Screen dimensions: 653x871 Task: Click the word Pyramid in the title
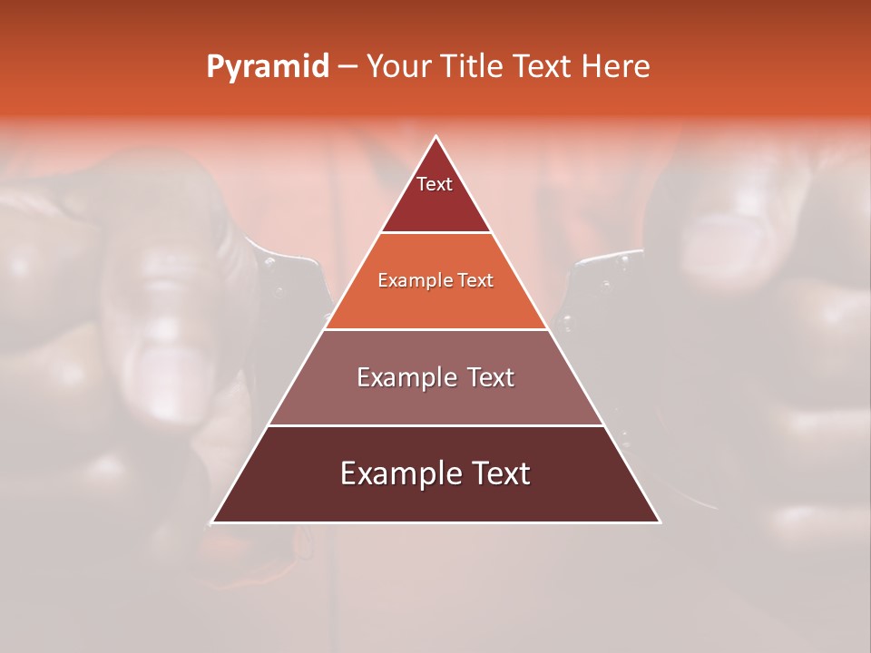268,67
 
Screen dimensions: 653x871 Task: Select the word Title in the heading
474,67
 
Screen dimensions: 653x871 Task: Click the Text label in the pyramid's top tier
435,184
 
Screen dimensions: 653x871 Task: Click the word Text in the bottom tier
499,473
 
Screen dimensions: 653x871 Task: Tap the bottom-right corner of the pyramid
659,521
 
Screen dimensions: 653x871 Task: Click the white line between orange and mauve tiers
435,329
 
